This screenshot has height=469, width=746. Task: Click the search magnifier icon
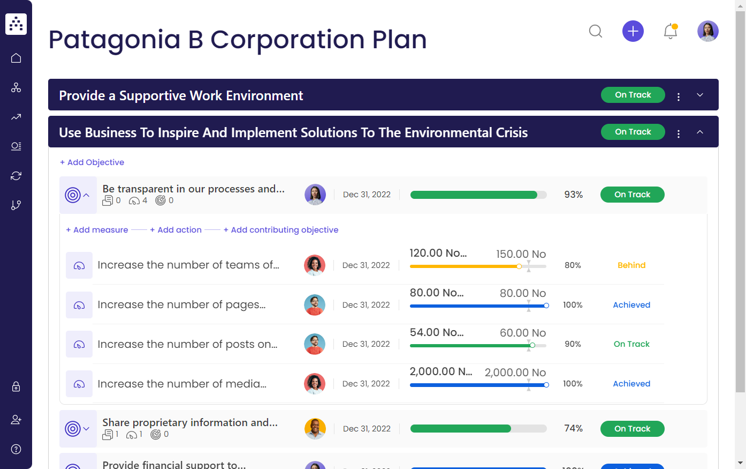[596, 31]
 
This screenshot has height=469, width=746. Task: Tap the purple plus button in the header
[633, 31]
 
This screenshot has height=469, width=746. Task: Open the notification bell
[671, 31]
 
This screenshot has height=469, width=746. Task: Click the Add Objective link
[92, 162]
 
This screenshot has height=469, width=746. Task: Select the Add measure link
[97, 230]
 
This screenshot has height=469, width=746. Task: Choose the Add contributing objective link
[281, 230]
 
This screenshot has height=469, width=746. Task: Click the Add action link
[176, 230]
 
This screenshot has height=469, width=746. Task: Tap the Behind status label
[631, 265]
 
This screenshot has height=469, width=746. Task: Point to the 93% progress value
[573, 195]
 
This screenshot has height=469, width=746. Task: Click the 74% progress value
[573, 428]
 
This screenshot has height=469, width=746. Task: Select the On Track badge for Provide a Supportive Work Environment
[633, 95]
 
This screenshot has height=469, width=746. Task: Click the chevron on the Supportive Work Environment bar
[700, 95]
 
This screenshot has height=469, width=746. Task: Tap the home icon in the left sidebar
[16, 58]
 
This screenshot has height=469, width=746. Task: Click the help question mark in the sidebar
[16, 449]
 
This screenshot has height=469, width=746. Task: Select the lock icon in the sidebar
[16, 386]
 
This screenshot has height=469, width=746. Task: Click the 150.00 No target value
[521, 254]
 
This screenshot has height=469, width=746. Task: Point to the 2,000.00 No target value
[515, 373]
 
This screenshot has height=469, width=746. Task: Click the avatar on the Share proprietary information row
[315, 429]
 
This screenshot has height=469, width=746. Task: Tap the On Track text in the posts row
[631, 344]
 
